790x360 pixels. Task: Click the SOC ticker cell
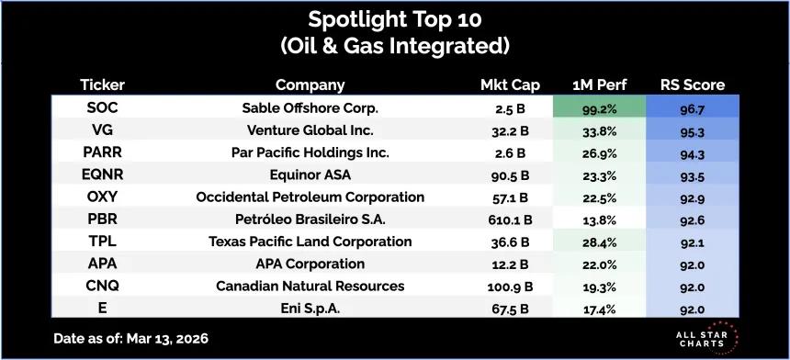pos(102,107)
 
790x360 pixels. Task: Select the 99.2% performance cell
pos(599,107)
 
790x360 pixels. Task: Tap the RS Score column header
pos(693,85)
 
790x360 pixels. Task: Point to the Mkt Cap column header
pos(510,85)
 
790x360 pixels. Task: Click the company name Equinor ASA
pos(310,174)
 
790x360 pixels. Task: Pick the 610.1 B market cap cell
pos(511,220)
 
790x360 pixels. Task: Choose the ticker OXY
pos(102,197)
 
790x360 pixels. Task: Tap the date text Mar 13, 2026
pos(167,338)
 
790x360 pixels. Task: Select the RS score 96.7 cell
pos(693,107)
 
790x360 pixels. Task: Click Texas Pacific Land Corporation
pos(310,242)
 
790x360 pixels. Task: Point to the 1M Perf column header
pos(600,85)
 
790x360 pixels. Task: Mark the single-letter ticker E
pos(102,308)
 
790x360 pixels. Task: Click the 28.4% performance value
pos(600,242)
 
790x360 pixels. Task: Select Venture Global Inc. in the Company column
pos(310,130)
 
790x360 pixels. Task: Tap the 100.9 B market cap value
pos(511,287)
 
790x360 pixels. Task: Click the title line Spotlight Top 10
pos(395,19)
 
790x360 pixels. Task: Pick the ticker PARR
pos(102,152)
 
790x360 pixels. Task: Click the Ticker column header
pos(102,85)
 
